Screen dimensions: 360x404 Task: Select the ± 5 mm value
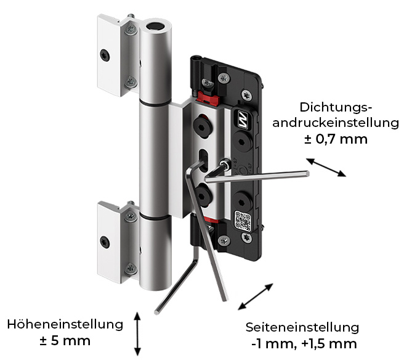click(x=65, y=340)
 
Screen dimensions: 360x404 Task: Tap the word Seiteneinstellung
click(x=302, y=327)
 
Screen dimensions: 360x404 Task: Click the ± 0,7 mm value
click(x=336, y=139)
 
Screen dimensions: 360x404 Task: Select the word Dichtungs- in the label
click(x=337, y=105)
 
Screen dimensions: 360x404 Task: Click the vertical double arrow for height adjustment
click(x=138, y=333)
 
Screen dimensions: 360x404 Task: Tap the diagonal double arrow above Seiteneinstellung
click(x=256, y=297)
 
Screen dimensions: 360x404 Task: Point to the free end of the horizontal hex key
click(x=306, y=173)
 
